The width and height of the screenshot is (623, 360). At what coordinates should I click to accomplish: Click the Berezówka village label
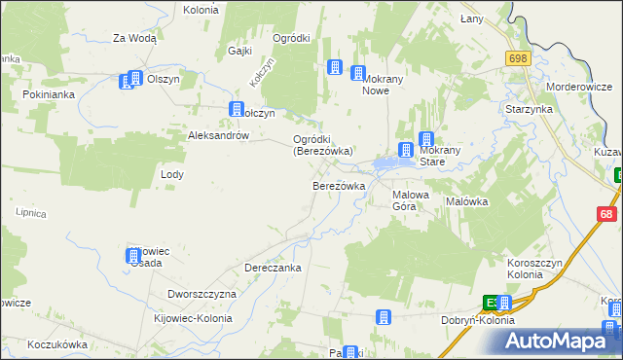tap(338, 186)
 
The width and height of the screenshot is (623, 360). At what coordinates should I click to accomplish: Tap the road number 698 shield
tap(517, 59)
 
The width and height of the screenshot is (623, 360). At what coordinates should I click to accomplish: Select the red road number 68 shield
tap(607, 214)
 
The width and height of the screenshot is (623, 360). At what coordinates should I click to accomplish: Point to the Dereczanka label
tap(273, 268)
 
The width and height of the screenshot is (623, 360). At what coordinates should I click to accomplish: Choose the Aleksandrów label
tap(219, 136)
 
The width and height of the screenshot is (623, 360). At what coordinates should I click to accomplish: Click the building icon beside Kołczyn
tap(236, 111)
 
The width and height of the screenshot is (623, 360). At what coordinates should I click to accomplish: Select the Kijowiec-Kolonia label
tap(193, 318)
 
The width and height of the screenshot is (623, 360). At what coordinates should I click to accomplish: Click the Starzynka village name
tap(529, 109)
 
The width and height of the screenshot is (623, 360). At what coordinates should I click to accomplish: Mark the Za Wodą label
tap(134, 39)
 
